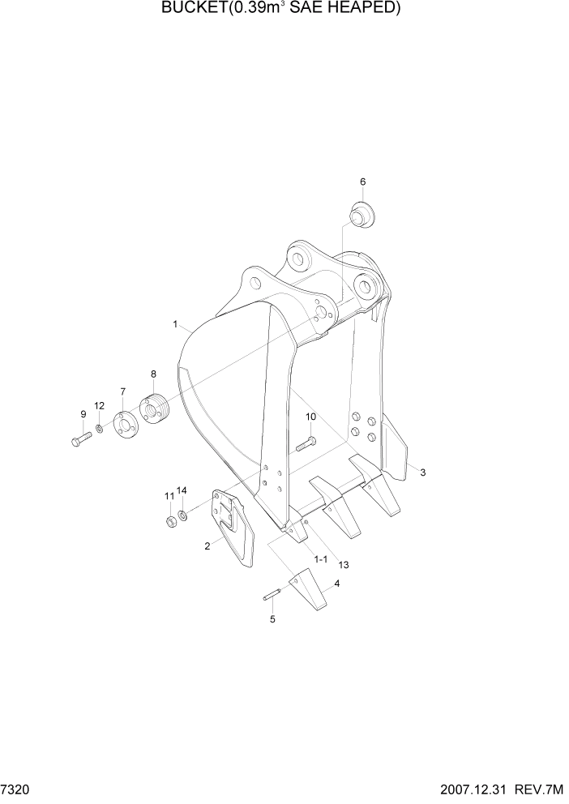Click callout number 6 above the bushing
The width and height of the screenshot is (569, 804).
(362, 182)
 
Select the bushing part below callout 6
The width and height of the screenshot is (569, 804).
(362, 215)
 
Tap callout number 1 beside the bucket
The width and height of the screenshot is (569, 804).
(175, 324)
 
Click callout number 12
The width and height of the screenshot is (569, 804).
(99, 405)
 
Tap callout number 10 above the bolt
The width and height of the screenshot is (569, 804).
(310, 417)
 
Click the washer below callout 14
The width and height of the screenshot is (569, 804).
(184, 515)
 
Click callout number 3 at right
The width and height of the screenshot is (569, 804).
(422, 472)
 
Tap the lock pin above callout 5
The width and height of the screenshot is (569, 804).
(272, 597)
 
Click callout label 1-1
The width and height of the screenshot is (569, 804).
(320, 559)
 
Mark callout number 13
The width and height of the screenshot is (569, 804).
(344, 564)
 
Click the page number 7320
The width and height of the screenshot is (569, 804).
(15, 789)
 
